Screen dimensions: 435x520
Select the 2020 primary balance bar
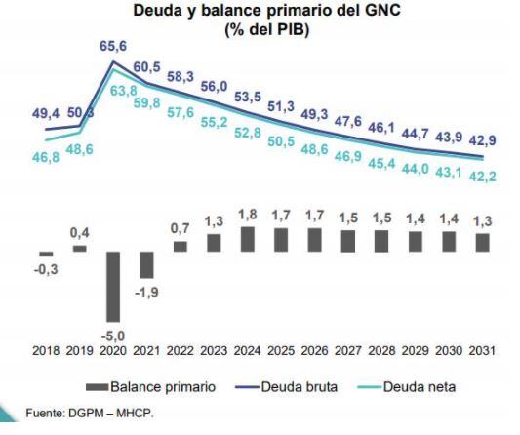[113, 287]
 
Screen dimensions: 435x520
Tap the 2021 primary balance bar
[146, 264]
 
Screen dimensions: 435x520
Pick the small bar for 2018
[47, 255]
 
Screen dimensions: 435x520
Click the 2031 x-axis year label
[481, 350]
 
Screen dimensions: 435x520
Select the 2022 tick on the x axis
[180, 350]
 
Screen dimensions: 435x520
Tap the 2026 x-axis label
[314, 350]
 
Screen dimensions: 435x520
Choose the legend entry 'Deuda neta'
[410, 386]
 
